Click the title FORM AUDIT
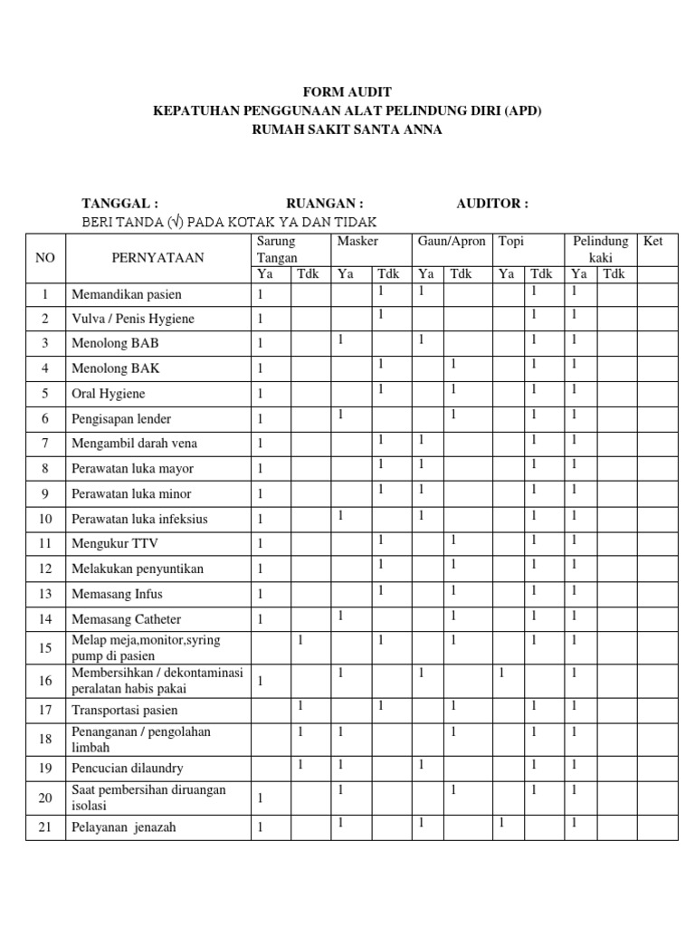[347, 91]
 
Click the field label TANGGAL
[120, 204]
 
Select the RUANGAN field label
[325, 204]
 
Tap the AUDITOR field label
[492, 204]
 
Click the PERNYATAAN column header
[158, 258]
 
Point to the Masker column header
[357, 242]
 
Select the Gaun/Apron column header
[452, 242]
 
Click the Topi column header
[512, 242]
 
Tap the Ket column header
[652, 242]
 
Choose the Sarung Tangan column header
[276, 250]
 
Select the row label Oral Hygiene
[109, 394]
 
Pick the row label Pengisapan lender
[121, 419]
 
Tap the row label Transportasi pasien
[125, 710]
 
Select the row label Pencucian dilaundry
[128, 768]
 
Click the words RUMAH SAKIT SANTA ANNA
[347, 129]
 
